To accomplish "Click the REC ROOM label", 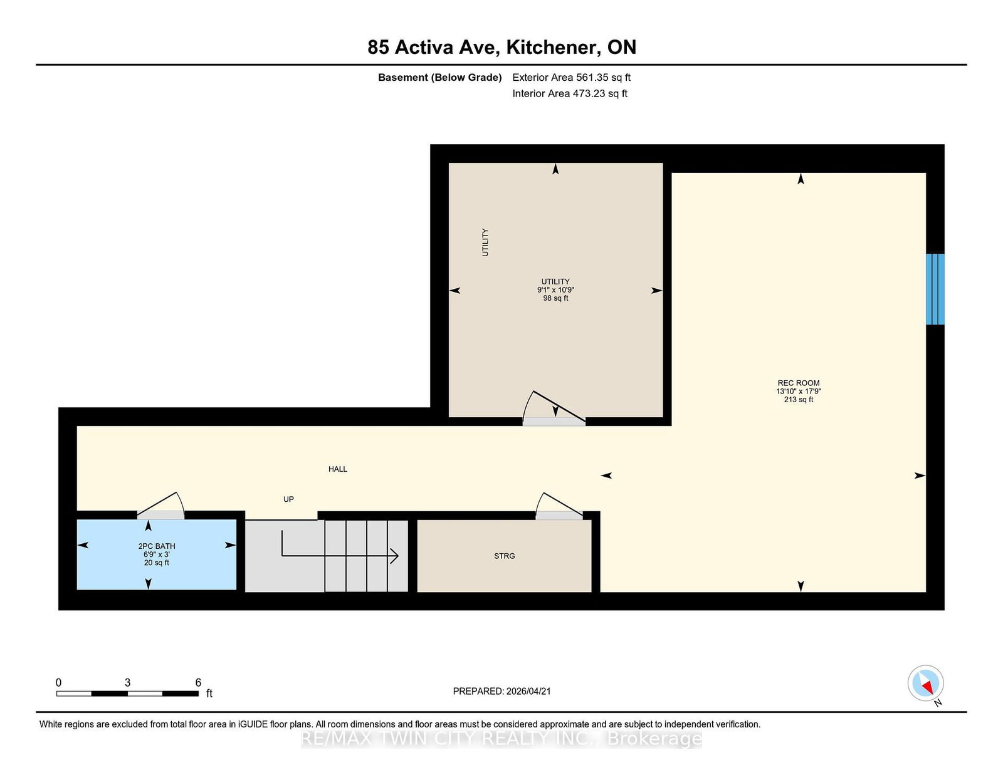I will pyautogui.click(x=798, y=383).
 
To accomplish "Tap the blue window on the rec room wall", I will pyautogui.click(x=935, y=289).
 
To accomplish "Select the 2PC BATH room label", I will pyautogui.click(x=157, y=546).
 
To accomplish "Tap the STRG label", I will pyautogui.click(x=504, y=556).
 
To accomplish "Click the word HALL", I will pyautogui.click(x=337, y=469).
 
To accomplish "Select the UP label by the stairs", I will pyautogui.click(x=288, y=499).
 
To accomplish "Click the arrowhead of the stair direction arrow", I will pyautogui.click(x=395, y=556).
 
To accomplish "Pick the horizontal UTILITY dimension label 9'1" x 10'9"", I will pyautogui.click(x=555, y=290).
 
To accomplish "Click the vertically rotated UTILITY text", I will pyautogui.click(x=485, y=242).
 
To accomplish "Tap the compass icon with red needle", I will pyautogui.click(x=925, y=683).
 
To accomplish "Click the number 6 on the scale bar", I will pyautogui.click(x=198, y=682).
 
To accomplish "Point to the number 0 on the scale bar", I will pyautogui.click(x=58, y=682).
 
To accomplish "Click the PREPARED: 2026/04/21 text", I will pyautogui.click(x=501, y=691).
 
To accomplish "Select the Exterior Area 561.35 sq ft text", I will pyautogui.click(x=571, y=78).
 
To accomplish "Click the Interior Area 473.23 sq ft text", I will pyautogui.click(x=570, y=93).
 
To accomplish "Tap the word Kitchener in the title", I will pyautogui.click(x=551, y=47).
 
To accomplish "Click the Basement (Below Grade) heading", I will pyautogui.click(x=439, y=78).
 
